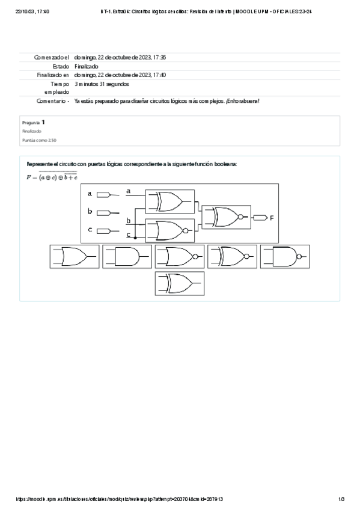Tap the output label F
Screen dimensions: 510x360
(272, 218)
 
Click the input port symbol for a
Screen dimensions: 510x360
(103, 194)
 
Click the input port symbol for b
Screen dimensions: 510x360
(103, 212)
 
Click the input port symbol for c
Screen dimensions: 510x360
(103, 230)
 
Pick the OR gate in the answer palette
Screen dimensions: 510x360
(75, 257)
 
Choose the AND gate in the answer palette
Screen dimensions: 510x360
(126, 257)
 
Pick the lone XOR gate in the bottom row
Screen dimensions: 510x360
(179, 283)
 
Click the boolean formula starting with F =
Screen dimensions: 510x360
(52, 176)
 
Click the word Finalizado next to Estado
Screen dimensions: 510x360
(87, 66)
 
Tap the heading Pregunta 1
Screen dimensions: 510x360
(33, 122)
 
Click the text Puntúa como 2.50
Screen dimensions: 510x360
(40, 140)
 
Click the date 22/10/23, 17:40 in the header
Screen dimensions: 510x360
(32, 11)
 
